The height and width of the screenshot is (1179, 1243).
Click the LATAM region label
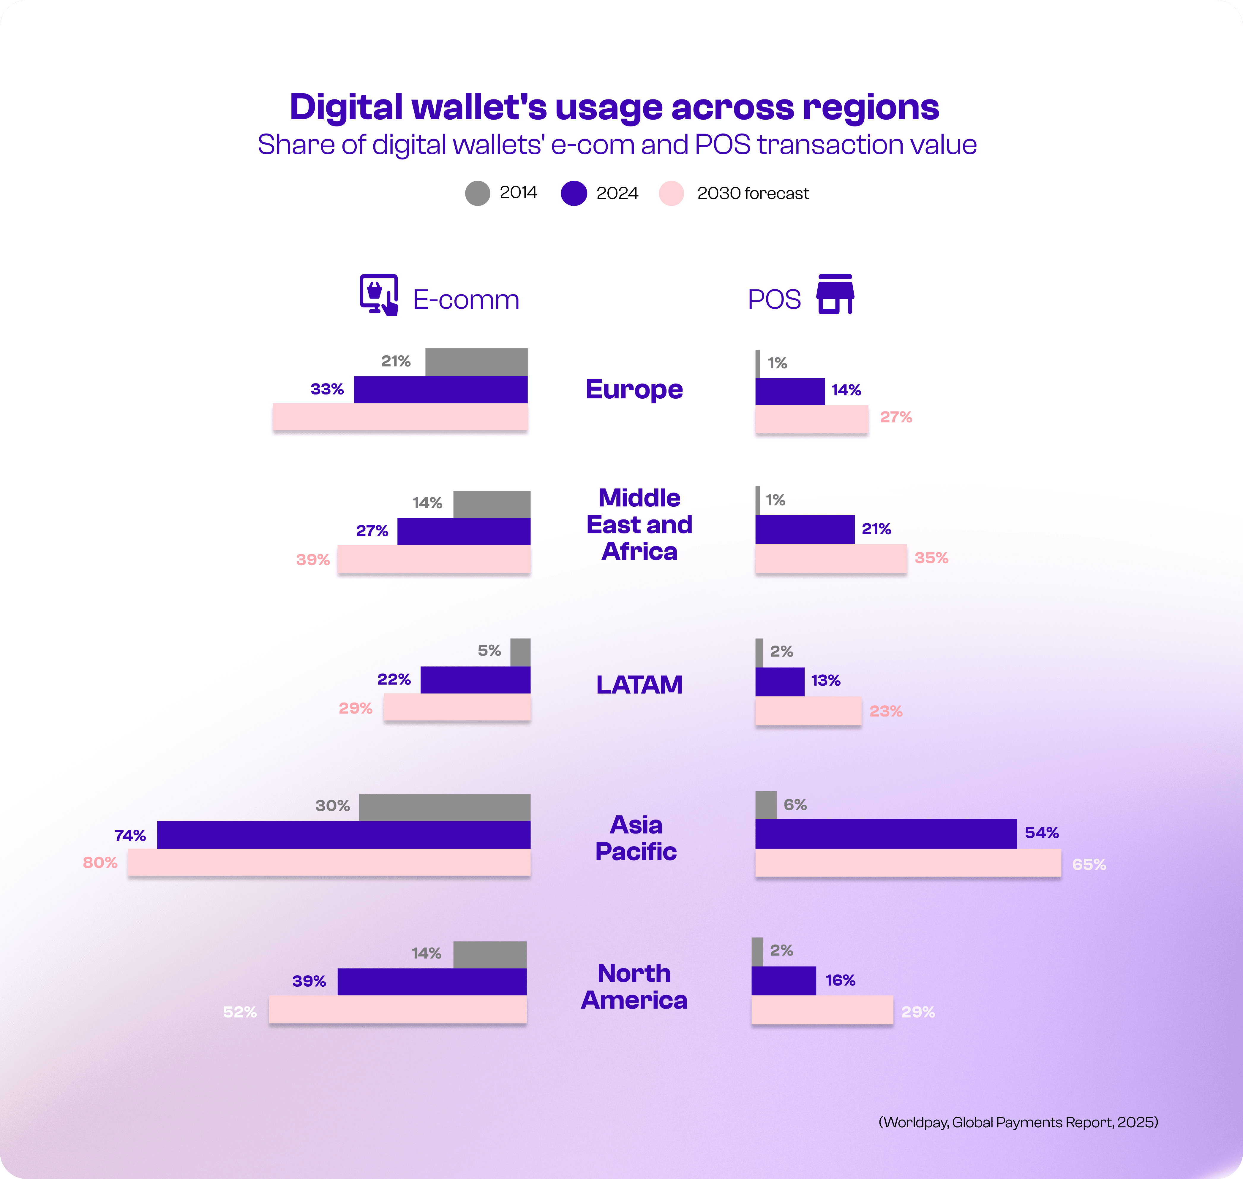pos(639,684)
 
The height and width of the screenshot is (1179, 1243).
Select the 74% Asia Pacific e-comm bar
pos(343,835)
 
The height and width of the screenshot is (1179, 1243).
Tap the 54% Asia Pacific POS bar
pos(885,833)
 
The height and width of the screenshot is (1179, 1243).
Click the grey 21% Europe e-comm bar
pos(476,362)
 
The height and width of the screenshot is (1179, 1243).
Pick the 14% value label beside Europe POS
pos(846,390)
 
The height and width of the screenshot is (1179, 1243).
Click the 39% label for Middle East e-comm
pos(312,559)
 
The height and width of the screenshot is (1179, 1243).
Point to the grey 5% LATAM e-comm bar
pos(520,652)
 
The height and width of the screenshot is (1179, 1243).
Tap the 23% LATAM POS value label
pos(885,711)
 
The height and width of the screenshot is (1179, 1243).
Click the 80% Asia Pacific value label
pos(100,862)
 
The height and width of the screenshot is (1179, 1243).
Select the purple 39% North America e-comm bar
pos(431,981)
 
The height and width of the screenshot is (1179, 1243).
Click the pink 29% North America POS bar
pos(822,1009)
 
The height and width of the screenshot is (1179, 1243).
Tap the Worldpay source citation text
pos(1017,1122)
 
